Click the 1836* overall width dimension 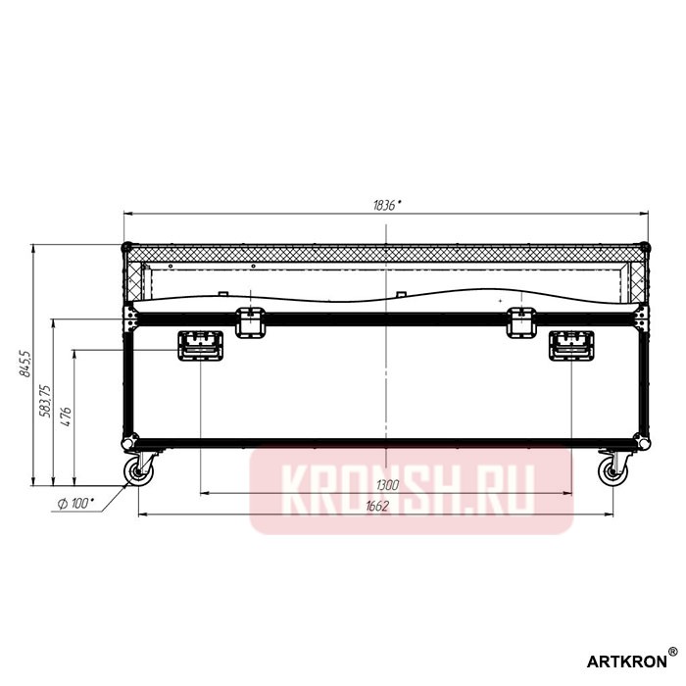click(x=388, y=204)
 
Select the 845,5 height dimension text click(x=27, y=364)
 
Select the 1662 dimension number click(x=376, y=506)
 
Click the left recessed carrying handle click(x=200, y=346)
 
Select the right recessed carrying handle click(x=569, y=346)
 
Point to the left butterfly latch click(x=251, y=321)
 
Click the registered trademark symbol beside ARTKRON click(x=671, y=650)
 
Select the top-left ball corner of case click(x=126, y=247)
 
